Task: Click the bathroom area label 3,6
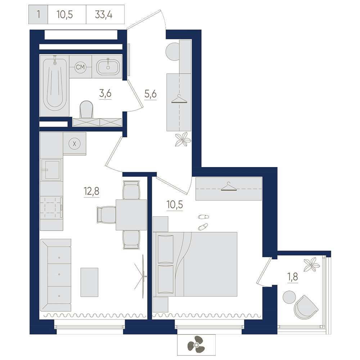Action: tap(105, 94)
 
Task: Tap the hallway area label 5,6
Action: tap(150, 94)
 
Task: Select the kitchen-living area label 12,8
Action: tap(91, 191)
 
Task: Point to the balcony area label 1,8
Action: tap(293, 277)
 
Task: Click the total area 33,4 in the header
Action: tap(104, 15)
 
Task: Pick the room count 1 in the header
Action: tap(39, 14)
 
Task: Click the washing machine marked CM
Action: tap(80, 67)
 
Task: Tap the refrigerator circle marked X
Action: tap(75, 144)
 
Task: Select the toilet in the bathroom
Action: tap(86, 109)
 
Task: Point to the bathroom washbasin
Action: tap(108, 67)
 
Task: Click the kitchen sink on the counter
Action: tap(51, 170)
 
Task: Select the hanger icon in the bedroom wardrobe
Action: tap(229, 186)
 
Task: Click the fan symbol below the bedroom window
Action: tap(196, 345)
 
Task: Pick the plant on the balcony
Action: tap(311, 265)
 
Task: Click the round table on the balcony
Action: tap(289, 297)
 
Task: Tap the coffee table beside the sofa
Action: tap(89, 282)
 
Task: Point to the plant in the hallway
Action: tap(183, 139)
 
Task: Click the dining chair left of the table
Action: tap(106, 215)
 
